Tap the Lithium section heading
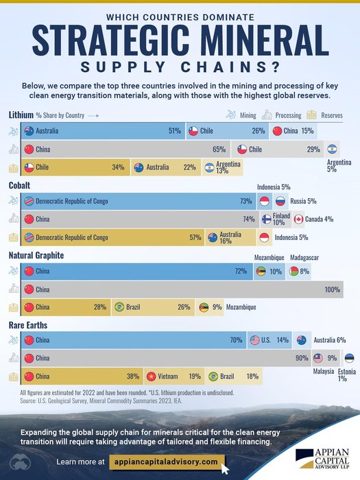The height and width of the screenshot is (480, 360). click(21, 115)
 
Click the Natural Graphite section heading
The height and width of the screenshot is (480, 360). click(36, 255)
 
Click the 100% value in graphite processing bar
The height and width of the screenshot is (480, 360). click(333, 290)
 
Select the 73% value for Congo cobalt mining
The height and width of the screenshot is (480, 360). click(245, 202)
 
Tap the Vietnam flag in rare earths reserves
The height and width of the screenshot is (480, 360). click(152, 376)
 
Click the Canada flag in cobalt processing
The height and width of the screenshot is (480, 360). click(299, 219)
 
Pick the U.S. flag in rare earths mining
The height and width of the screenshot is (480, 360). click(254, 340)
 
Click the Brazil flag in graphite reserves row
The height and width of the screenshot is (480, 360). click(119, 307)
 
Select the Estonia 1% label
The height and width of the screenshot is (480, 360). click(347, 374)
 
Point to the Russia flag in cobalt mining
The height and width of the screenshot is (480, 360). click(280, 202)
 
